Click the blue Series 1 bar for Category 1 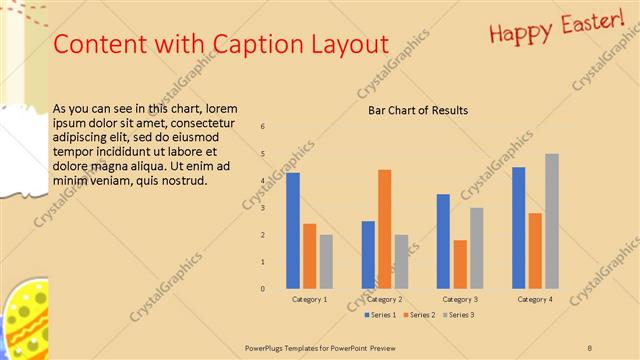293,231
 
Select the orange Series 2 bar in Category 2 385,229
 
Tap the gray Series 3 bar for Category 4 552,221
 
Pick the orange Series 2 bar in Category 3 460,264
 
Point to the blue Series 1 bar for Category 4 519,228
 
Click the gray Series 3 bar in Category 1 326,262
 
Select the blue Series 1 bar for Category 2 368,255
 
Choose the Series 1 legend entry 381,315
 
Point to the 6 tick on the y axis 262,127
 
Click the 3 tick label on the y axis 262,208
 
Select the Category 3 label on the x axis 459,299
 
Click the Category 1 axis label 309,299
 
